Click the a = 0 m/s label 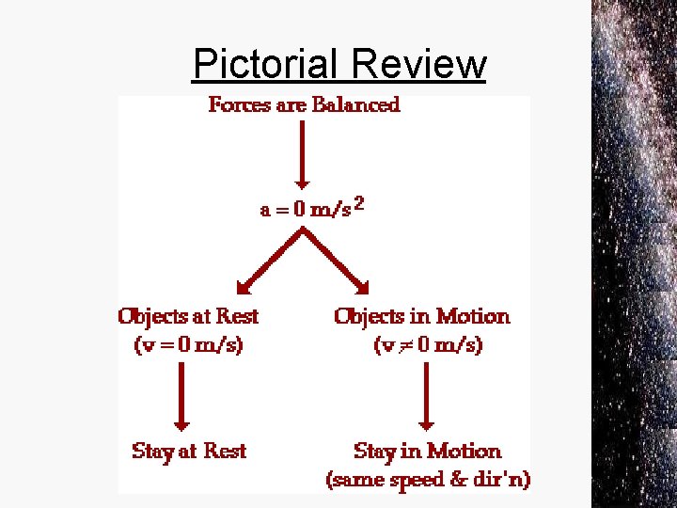306,210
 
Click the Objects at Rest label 188,316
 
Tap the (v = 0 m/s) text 188,345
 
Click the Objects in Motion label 422,316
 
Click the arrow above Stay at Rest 182,395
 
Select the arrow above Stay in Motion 428,395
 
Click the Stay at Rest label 189,452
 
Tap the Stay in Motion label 428,452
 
